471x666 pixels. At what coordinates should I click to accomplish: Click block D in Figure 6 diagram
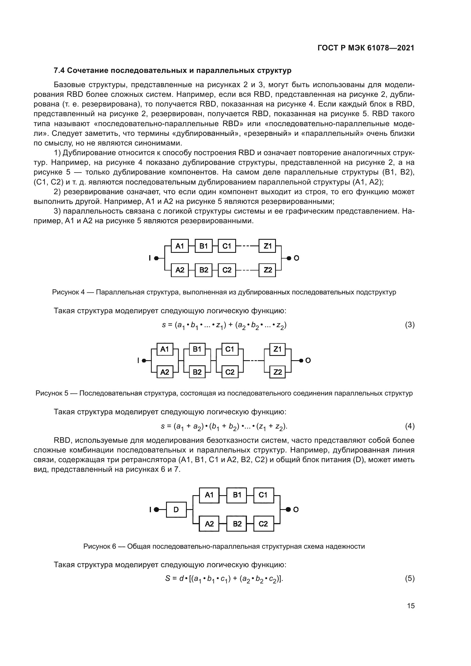[x=176, y=509]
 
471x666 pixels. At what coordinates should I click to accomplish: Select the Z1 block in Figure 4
[x=267, y=246]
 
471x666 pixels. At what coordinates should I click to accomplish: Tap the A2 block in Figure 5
[x=164, y=372]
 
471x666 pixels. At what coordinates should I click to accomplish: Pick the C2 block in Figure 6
[x=263, y=524]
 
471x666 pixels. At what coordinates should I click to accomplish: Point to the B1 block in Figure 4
[x=204, y=246]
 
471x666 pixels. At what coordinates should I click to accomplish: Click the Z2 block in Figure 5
[x=277, y=372]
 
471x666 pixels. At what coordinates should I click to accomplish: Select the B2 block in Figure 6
[x=237, y=524]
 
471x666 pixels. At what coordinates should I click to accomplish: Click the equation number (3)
[x=409, y=325]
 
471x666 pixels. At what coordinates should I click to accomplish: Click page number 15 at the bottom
[x=411, y=606]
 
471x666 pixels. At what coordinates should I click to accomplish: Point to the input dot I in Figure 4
[x=156, y=258]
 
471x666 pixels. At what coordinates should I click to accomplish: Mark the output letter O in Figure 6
[x=296, y=510]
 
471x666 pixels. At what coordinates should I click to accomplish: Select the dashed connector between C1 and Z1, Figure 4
[x=247, y=246]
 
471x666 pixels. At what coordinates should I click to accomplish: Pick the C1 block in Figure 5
[x=230, y=349]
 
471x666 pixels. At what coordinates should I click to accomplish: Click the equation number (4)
[x=409, y=426]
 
